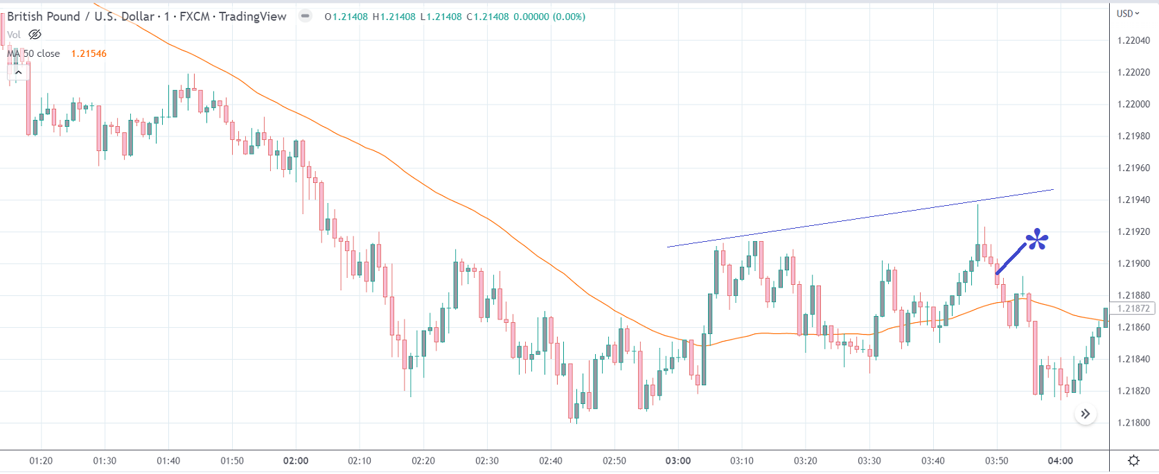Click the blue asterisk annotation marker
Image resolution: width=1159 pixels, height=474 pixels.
pyautogui.click(x=1037, y=240)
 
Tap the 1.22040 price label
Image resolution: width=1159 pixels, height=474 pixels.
pyautogui.click(x=1133, y=40)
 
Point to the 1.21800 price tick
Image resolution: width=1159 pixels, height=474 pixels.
pyautogui.click(x=1133, y=423)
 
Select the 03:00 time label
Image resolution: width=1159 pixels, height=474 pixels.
pyautogui.click(x=678, y=461)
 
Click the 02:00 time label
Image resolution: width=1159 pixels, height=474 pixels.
pyautogui.click(x=296, y=461)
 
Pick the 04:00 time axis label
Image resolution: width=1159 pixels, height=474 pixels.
pyautogui.click(x=1060, y=461)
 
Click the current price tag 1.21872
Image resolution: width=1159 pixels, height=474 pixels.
pyautogui.click(x=1133, y=308)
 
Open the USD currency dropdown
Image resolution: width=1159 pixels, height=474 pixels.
pyautogui.click(x=1128, y=14)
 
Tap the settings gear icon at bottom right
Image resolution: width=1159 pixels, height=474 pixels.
pyautogui.click(x=1133, y=461)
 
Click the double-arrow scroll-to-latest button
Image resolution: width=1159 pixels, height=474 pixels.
pyautogui.click(x=1085, y=414)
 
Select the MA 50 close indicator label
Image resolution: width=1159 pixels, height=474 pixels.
pyautogui.click(x=34, y=53)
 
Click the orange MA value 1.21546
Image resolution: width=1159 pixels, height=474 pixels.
pyautogui.click(x=89, y=53)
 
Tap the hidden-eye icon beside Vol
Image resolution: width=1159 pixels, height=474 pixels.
pyautogui.click(x=35, y=35)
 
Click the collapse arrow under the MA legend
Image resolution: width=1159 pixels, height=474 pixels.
pyautogui.click(x=19, y=72)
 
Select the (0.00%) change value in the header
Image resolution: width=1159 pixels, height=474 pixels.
pyautogui.click(x=569, y=17)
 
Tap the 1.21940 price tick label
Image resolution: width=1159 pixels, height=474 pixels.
pyautogui.click(x=1133, y=200)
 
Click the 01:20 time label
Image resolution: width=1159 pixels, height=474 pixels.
pyautogui.click(x=41, y=461)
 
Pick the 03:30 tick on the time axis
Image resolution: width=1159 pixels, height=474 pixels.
pyautogui.click(x=869, y=461)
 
